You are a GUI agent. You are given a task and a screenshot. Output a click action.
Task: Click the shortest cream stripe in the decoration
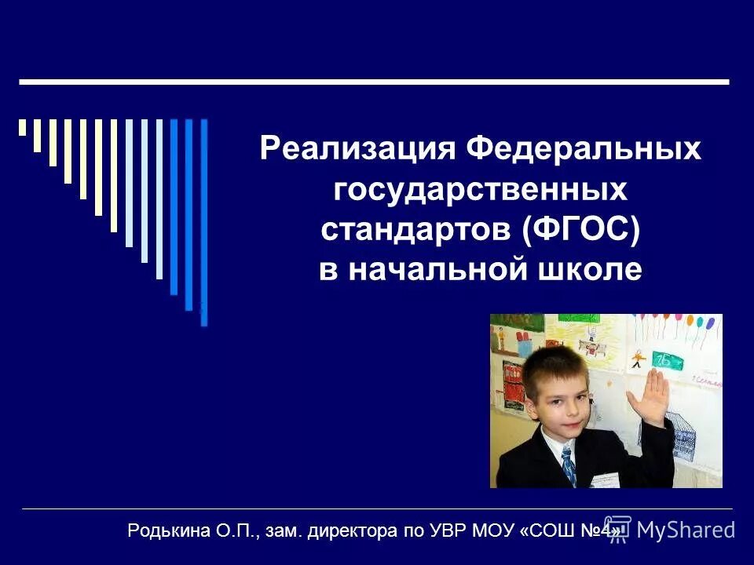[23, 127]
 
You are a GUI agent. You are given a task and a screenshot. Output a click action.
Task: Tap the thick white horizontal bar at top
[374, 82]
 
